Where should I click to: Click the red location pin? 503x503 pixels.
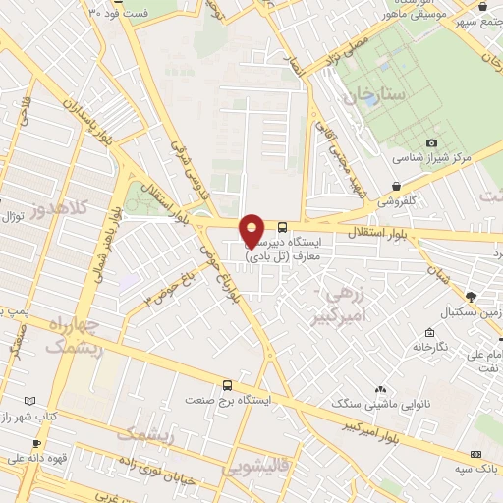[x=252, y=230]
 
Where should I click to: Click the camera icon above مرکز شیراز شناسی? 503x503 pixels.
[x=432, y=143]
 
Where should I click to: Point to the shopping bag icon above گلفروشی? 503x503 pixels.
[x=396, y=186]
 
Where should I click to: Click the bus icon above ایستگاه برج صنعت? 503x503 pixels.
[x=228, y=386]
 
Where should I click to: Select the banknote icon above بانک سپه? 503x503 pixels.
[x=476, y=455]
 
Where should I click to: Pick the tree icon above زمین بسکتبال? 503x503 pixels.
[x=472, y=296]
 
